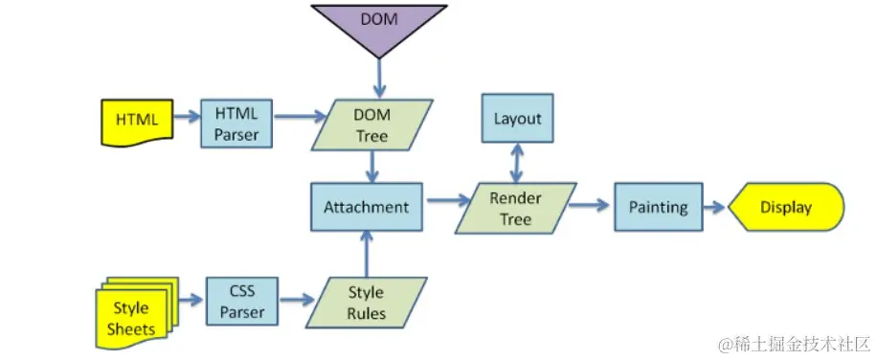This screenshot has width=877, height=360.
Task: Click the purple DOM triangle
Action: (379, 23)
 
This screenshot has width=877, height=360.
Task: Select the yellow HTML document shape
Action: (136, 122)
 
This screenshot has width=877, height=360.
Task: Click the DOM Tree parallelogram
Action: (371, 124)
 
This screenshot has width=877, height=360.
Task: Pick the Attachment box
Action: (366, 207)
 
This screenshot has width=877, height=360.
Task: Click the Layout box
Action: (517, 120)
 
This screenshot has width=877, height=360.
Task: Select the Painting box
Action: (658, 207)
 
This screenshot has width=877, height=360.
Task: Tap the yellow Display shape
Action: (785, 207)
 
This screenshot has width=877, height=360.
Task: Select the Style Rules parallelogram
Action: (366, 302)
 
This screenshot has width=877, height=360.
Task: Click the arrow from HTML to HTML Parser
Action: (184, 119)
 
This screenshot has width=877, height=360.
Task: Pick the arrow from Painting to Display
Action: (715, 207)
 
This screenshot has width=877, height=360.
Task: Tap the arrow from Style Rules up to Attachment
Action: (366, 253)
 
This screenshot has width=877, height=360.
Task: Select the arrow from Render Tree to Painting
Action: (591, 206)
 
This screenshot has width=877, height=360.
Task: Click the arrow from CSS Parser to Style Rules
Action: (298, 300)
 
